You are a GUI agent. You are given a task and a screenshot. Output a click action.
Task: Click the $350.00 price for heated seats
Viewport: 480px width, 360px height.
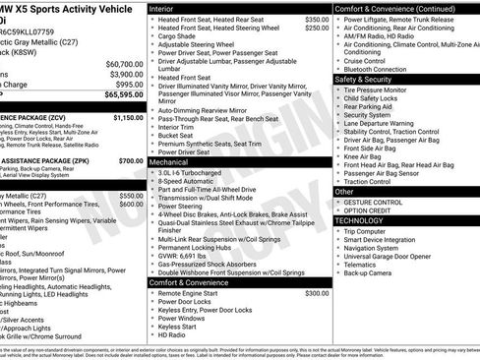[317, 20]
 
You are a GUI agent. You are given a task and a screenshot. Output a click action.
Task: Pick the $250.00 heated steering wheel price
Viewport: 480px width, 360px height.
[317, 29]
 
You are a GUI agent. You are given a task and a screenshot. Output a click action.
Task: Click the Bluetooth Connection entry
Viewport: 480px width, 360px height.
[383, 69]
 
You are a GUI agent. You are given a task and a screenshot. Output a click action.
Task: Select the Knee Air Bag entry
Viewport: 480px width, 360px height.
[364, 155]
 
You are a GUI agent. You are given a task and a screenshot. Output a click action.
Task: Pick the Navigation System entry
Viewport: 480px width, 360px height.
[377, 249]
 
